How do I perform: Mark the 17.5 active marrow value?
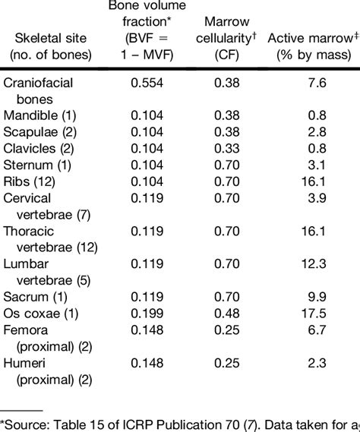312,311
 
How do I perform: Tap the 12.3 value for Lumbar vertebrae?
312,262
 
